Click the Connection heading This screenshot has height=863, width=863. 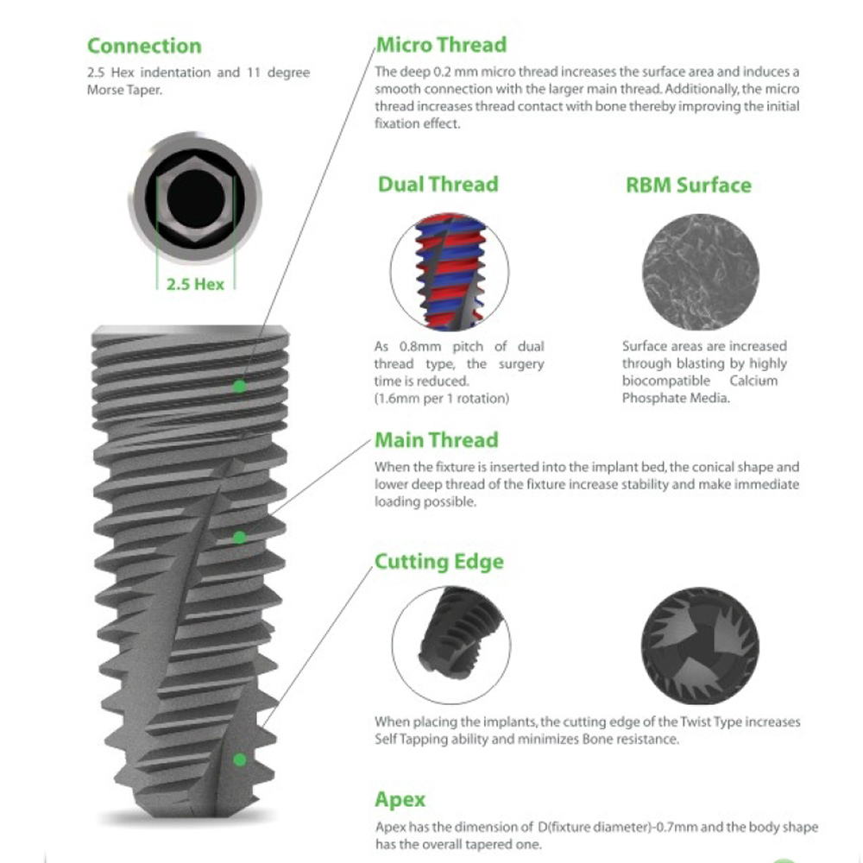point(144,46)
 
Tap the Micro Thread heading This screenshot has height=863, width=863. point(441,45)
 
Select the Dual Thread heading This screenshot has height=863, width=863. point(438,184)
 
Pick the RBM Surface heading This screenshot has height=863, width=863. point(689,185)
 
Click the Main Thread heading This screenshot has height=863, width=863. point(437,440)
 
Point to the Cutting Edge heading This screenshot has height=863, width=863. point(439,562)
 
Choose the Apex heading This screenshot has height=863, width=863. point(400,800)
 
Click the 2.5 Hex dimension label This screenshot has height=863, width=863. point(195,284)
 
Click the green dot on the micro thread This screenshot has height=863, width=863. point(239,387)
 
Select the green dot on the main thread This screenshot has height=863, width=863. point(239,537)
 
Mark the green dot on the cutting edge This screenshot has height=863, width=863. point(239,760)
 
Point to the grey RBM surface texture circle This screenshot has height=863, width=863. point(700,272)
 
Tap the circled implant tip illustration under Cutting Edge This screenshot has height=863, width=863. point(451,645)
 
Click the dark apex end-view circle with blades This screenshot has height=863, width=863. point(700,646)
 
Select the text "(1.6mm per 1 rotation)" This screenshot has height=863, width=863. point(441,398)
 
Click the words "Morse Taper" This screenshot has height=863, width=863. point(123,90)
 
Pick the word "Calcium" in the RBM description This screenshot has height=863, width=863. point(753,381)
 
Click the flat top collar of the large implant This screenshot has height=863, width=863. point(191,331)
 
